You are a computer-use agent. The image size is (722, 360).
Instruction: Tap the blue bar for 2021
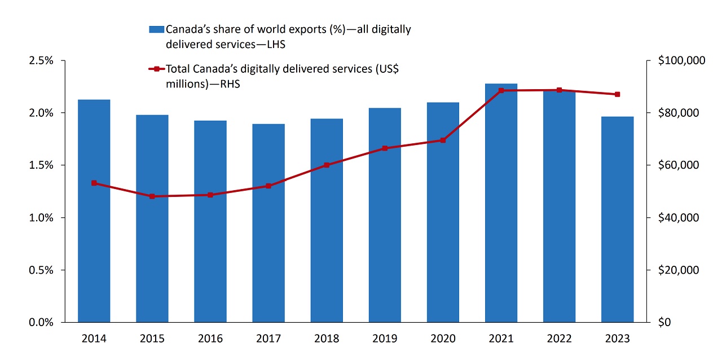(501, 203)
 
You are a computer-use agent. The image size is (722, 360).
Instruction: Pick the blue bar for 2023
(617, 219)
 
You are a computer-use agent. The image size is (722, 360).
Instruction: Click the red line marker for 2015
(152, 196)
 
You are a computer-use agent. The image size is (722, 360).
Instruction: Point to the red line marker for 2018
(327, 165)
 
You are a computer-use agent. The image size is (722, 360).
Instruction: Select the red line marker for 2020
(443, 140)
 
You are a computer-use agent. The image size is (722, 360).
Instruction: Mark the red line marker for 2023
(617, 94)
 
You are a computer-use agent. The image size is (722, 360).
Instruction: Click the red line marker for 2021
(501, 90)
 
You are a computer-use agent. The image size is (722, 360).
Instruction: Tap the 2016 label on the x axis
(210, 339)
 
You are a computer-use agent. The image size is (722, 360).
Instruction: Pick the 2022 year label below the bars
(559, 339)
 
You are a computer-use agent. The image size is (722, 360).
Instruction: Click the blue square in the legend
(156, 29)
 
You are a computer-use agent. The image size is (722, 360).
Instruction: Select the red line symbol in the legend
(156, 69)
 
